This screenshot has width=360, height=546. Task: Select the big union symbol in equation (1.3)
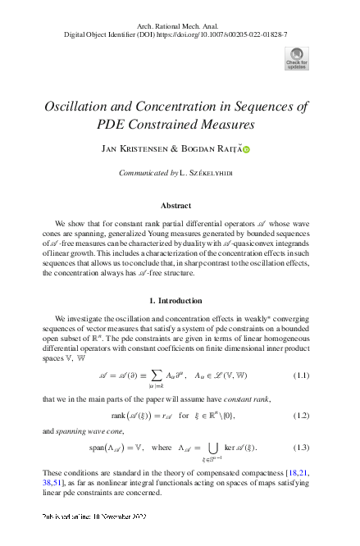217,448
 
